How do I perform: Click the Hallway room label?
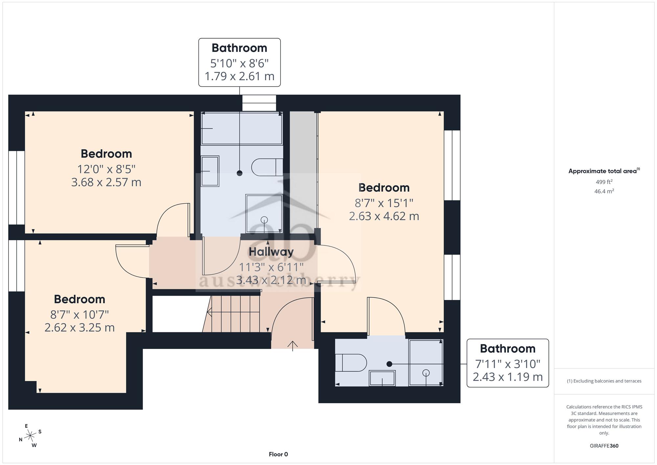coord(271,252)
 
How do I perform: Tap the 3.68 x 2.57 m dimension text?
coord(106,182)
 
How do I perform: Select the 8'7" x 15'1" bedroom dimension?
coord(384,203)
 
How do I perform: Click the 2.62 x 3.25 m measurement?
coord(79,328)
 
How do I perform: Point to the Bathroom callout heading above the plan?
coord(239,48)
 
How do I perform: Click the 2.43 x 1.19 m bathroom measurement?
coord(508,377)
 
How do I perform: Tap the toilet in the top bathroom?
coord(267,167)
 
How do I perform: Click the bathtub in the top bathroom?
coord(242,128)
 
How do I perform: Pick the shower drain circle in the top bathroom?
coord(264,220)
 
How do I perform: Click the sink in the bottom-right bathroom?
coord(382,378)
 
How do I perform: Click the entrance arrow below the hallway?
coord(293,346)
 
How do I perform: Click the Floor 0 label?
coord(278,454)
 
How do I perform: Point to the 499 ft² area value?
coord(604,182)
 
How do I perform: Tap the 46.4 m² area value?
coord(604,191)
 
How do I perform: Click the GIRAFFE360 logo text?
coord(604,446)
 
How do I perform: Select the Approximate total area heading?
coord(604,171)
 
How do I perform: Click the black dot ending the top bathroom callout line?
coord(239,173)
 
